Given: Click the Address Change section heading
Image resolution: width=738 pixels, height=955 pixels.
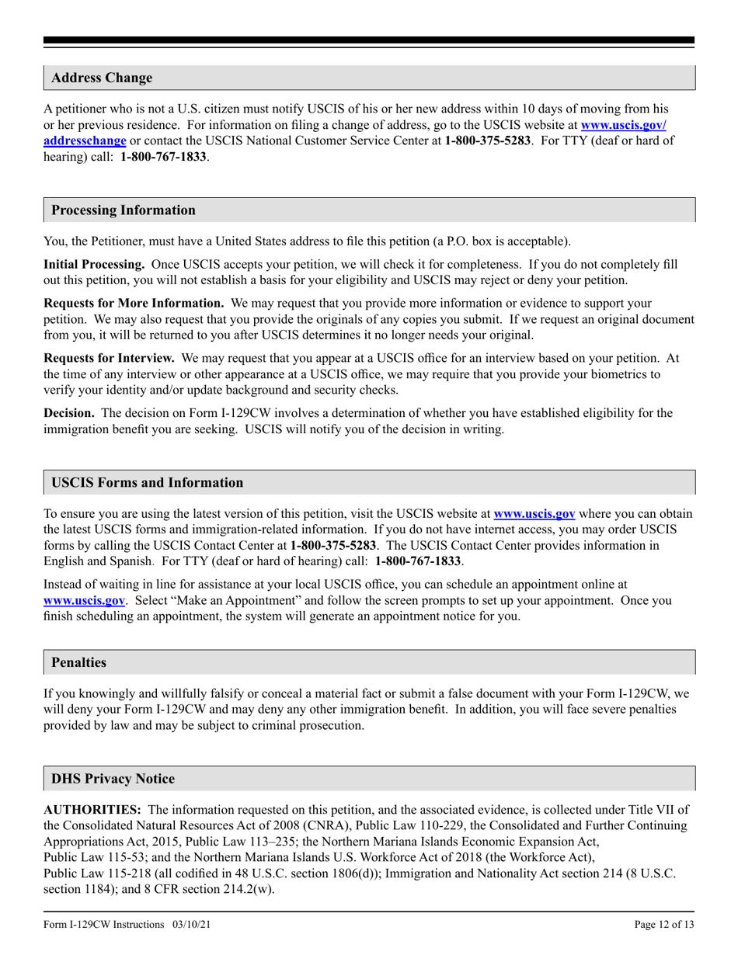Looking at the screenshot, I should [x=102, y=78].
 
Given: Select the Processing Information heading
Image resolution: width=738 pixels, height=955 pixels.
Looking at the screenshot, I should [x=124, y=210].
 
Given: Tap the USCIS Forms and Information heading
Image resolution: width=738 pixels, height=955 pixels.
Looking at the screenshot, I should [x=147, y=483].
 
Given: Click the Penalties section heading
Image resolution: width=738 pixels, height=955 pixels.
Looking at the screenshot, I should [x=78, y=662].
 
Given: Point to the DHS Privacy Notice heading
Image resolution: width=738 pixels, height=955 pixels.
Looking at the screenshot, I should [x=113, y=779].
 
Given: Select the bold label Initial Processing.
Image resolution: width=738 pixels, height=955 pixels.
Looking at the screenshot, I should [x=93, y=265].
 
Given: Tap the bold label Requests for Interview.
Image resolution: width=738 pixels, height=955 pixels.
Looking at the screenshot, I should [x=109, y=358].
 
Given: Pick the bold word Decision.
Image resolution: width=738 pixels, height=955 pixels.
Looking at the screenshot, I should [x=69, y=413].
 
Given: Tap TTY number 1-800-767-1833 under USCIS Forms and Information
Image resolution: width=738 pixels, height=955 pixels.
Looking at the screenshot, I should [x=418, y=560].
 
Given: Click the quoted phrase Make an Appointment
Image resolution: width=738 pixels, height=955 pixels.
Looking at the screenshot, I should [x=217, y=600].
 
